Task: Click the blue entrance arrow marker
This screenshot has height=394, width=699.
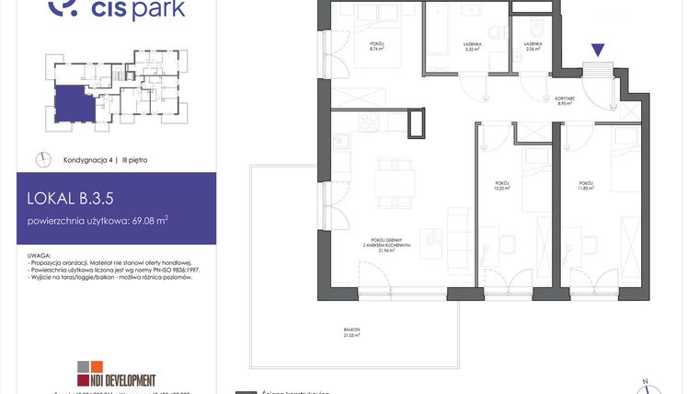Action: [598, 52]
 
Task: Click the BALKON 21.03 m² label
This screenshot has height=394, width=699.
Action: [353, 333]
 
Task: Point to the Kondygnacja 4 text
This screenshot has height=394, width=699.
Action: [87, 160]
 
